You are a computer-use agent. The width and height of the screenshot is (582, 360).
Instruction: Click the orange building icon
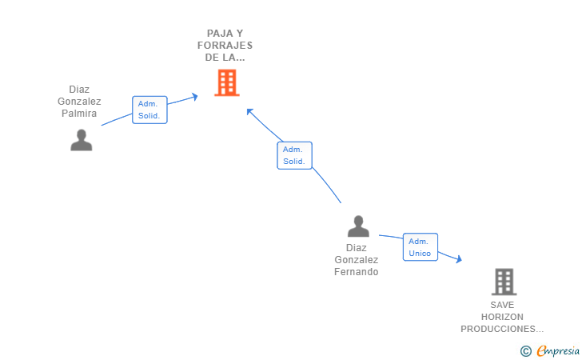pyautogui.click(x=227, y=82)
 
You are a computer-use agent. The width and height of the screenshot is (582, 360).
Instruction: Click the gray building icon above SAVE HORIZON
pyautogui.click(x=504, y=282)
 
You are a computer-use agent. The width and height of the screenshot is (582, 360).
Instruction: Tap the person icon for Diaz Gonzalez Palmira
pyautogui.click(x=82, y=140)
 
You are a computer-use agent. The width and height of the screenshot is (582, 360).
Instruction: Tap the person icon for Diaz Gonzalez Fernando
pyautogui.click(x=358, y=226)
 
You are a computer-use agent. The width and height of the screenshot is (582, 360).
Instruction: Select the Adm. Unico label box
pyautogui.click(x=420, y=247)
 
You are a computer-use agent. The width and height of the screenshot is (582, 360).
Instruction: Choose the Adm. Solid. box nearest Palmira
pyautogui.click(x=149, y=110)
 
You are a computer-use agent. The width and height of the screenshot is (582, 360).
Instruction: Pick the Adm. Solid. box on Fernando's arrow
pyautogui.click(x=294, y=155)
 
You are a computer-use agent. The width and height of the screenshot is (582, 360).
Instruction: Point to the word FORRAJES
pyautogui.click(x=225, y=46)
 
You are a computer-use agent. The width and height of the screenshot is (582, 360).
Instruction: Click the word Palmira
pyautogui.click(x=79, y=113)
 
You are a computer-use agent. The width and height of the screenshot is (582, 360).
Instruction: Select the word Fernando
pyautogui.click(x=356, y=271)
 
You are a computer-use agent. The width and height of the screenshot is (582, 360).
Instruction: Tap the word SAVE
pyautogui.click(x=503, y=305)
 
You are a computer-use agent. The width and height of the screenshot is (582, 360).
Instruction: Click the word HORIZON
pyautogui.click(x=503, y=317)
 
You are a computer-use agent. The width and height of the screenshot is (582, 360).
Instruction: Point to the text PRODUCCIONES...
pyautogui.click(x=501, y=329)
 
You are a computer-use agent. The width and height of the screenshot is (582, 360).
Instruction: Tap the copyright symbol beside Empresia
pyautogui.click(x=525, y=350)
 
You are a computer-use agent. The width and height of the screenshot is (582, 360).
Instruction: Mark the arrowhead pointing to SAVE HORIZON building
pyautogui.click(x=458, y=258)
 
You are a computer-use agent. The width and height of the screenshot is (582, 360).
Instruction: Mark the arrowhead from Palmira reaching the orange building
pyautogui.click(x=194, y=97)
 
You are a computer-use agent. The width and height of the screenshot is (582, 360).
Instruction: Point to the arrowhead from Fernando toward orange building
pyautogui.click(x=249, y=111)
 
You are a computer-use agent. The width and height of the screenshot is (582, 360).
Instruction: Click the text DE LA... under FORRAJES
pyautogui.click(x=225, y=58)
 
